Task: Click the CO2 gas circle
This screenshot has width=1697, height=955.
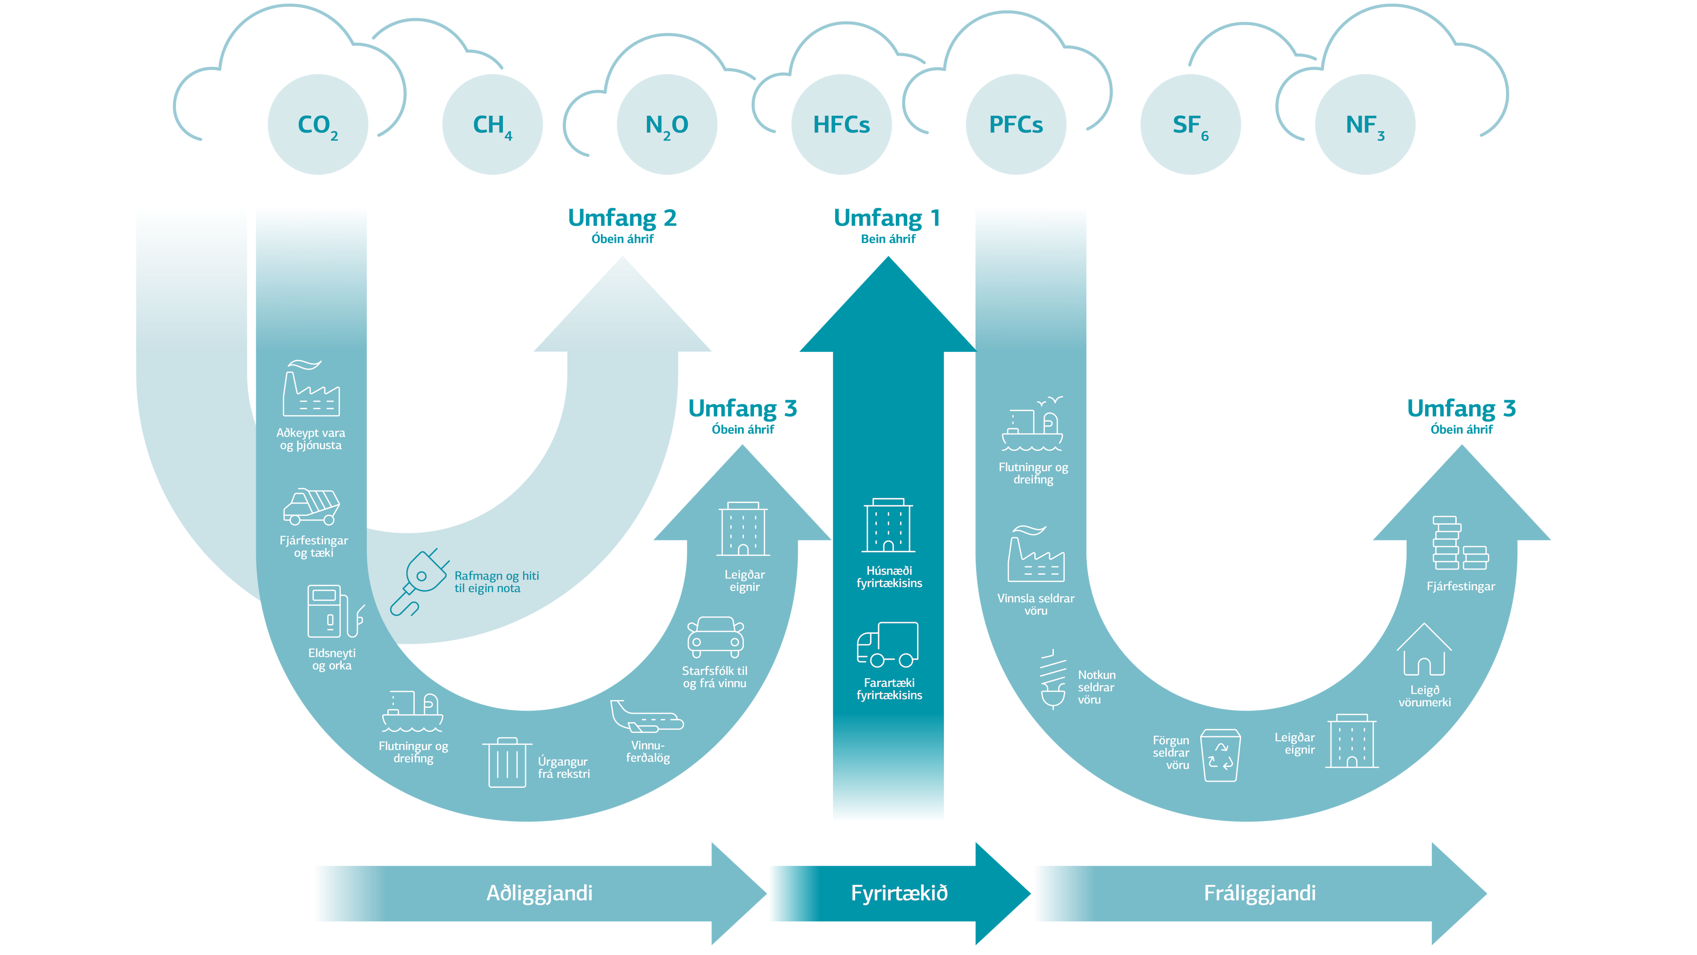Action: [x=318, y=125]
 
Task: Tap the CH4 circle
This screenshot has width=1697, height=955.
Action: [x=492, y=125]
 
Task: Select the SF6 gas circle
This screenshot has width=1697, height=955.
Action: [x=1191, y=125]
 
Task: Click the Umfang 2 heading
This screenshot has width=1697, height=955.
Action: [x=622, y=218]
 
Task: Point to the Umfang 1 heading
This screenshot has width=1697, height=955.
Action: [x=887, y=218]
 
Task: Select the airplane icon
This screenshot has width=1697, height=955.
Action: [x=646, y=717]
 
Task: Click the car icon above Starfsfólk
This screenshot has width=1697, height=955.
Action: [x=715, y=636]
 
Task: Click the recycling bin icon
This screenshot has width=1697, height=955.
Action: [x=1221, y=755]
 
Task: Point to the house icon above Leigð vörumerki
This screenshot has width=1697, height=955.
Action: [x=1423, y=650]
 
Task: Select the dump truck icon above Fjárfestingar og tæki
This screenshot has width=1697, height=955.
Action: [x=311, y=506]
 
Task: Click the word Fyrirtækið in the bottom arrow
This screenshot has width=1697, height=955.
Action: [x=899, y=893]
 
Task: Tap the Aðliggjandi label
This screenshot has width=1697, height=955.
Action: [x=540, y=893]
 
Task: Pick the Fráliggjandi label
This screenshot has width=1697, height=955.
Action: [x=1259, y=893]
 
